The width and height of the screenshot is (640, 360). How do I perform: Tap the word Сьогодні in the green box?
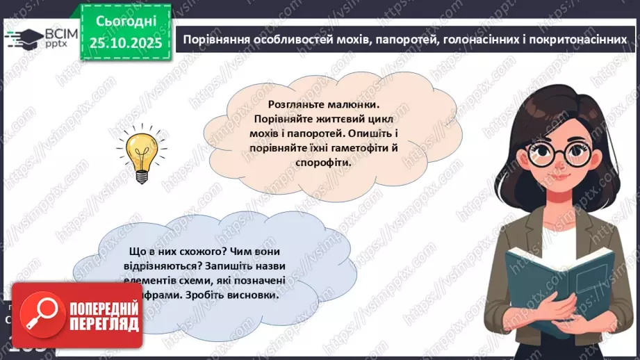[126, 22]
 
